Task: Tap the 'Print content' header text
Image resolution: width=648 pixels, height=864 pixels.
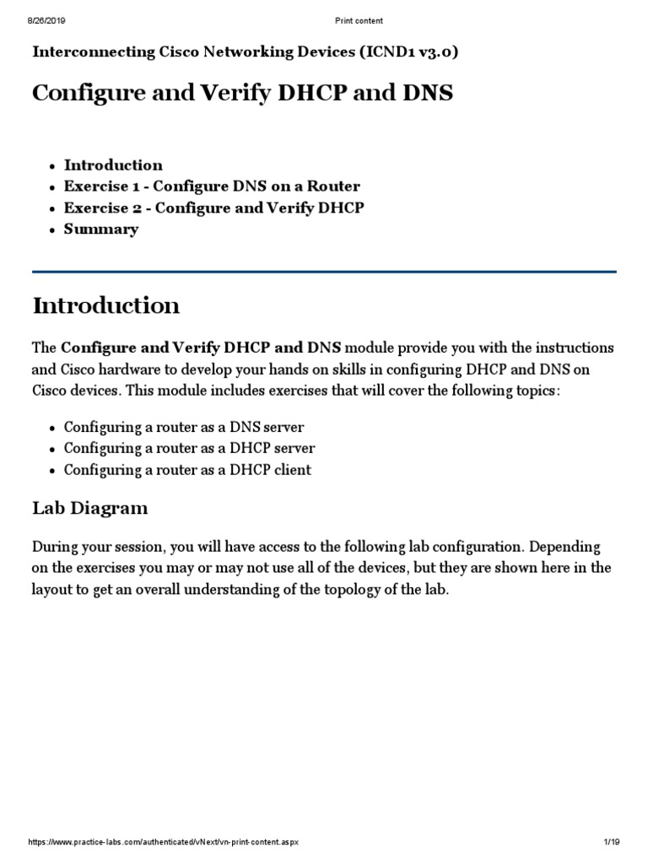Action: tap(359, 19)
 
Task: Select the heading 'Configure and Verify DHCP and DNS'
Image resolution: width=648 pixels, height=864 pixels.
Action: tap(242, 93)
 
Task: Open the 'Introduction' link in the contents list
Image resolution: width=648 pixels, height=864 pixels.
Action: tap(113, 165)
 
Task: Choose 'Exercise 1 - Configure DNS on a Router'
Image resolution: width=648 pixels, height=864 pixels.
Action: tap(212, 186)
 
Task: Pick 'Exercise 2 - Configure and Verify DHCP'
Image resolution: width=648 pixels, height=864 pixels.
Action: tap(214, 208)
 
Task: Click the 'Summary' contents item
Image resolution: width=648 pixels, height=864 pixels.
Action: tap(101, 229)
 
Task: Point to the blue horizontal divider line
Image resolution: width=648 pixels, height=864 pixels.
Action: tap(324, 272)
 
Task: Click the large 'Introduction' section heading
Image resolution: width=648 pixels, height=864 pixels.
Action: tap(105, 305)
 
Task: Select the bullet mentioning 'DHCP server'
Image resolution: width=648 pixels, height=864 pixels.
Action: tap(189, 448)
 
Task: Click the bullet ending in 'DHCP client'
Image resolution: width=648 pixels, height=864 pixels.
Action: tap(187, 470)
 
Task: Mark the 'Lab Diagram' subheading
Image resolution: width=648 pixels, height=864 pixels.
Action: tap(89, 508)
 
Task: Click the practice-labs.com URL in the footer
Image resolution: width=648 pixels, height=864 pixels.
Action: tap(164, 845)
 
